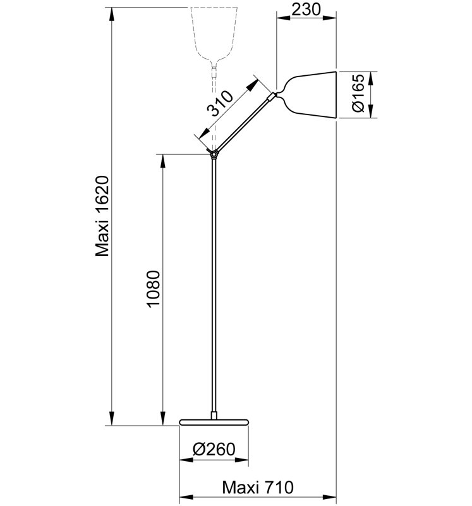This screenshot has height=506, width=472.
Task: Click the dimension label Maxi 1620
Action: (103, 216)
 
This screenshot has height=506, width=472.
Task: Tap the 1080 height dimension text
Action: (154, 289)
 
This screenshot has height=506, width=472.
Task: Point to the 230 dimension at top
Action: (306, 9)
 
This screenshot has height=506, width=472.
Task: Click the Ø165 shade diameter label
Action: (358, 93)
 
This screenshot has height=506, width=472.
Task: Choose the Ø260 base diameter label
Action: (214, 449)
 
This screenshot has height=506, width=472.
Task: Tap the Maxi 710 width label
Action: (258, 487)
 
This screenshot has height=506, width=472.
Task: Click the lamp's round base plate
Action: (214, 422)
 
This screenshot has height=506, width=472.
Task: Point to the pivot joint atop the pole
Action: (213, 154)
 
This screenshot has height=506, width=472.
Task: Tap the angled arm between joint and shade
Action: (243, 123)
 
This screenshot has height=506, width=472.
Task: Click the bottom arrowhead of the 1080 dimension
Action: (163, 419)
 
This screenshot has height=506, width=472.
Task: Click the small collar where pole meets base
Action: (214, 416)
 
